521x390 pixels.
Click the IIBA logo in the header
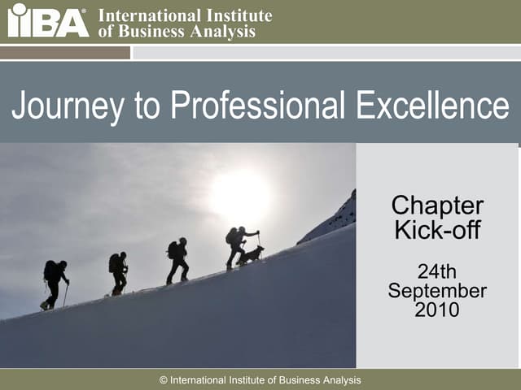48,20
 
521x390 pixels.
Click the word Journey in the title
66,106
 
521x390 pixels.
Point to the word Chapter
437,206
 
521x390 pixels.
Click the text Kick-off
437,230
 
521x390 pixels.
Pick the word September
437,291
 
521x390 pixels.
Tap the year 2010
437,310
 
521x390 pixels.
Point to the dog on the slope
252,255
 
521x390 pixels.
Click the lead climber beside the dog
236,246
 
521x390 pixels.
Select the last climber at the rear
54,284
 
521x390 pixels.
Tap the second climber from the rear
119,272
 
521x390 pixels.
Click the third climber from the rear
177,260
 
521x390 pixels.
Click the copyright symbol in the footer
164,380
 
